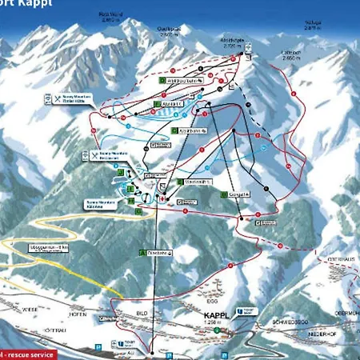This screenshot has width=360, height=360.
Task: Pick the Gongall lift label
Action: point(238,194)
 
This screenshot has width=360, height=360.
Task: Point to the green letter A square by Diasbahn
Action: point(142,252)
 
